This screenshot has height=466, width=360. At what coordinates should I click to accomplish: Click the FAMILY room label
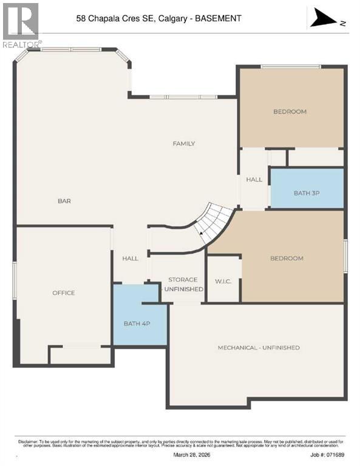click(x=183, y=144)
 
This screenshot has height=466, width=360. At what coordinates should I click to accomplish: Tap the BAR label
click(x=64, y=201)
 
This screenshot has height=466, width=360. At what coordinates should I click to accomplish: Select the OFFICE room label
click(x=63, y=293)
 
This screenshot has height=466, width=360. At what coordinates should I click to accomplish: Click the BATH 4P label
click(x=137, y=323)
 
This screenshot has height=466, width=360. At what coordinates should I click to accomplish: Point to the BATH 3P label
click(x=306, y=193)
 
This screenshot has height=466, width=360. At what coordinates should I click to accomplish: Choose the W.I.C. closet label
click(x=223, y=280)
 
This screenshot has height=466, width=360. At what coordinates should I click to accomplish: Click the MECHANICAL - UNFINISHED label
click(x=259, y=348)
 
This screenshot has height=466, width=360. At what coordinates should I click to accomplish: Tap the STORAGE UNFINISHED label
click(x=183, y=285)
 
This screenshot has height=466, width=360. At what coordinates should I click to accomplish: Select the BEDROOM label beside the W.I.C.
click(x=286, y=258)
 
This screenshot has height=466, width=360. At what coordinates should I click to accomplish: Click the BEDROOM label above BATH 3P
click(x=290, y=112)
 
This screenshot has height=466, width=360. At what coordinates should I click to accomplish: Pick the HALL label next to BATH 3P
click(x=254, y=180)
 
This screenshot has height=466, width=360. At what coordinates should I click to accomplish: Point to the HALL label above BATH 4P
click(x=130, y=258)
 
